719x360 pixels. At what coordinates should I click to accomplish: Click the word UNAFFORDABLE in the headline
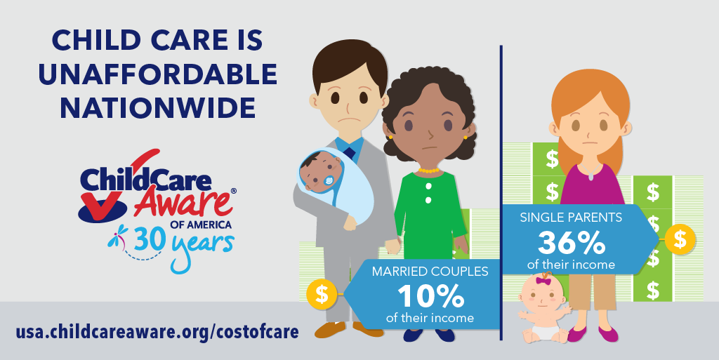point(158,74)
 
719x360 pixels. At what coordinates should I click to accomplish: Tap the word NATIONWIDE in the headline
point(158,109)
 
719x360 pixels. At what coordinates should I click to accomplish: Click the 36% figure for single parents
point(572,242)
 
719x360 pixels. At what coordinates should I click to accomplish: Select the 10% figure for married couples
point(430,296)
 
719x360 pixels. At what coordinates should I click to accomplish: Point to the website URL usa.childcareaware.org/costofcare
point(157,332)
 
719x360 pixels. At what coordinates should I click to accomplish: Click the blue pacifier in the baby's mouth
point(329,181)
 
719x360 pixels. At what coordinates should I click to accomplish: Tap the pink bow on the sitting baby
point(543,281)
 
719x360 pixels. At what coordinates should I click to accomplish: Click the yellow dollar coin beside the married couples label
point(322,294)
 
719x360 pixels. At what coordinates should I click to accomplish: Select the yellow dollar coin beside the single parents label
point(680,239)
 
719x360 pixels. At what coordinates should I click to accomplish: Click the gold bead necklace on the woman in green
point(429,171)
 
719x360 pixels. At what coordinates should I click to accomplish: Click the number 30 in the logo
point(149,239)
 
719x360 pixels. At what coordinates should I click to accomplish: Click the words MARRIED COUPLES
point(430,271)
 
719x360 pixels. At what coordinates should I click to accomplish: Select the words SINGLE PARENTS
point(571,217)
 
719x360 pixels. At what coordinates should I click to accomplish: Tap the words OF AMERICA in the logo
point(200,225)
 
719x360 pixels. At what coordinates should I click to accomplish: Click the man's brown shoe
point(330,329)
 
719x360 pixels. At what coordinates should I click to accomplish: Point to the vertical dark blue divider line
point(501,193)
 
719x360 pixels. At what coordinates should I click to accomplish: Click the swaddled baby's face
point(322,173)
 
